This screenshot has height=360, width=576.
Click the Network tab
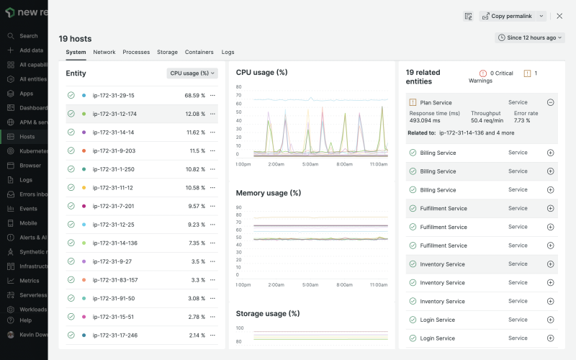tap(104, 52)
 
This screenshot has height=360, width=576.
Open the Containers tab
tap(199, 52)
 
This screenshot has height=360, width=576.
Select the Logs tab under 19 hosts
tap(228, 52)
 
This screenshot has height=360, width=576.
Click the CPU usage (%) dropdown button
tap(192, 73)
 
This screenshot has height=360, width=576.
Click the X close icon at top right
tap(559, 16)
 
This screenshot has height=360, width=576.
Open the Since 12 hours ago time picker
tap(529, 37)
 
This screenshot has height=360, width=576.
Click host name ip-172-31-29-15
tap(113, 95)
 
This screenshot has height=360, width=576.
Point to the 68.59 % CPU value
tap(194, 95)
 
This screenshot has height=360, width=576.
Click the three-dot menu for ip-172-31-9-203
tap(212, 150)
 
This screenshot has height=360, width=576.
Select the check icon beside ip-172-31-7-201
tap(71, 206)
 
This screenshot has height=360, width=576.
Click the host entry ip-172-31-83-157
tap(115, 279)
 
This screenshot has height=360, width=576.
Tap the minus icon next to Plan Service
tap(550, 102)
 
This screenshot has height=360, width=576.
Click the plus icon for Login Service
tap(550, 320)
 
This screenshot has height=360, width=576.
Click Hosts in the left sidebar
tap(27, 136)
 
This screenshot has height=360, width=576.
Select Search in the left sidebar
tap(28, 36)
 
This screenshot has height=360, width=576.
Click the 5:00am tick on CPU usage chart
tap(310, 164)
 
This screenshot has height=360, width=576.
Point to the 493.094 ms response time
tap(425, 120)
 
